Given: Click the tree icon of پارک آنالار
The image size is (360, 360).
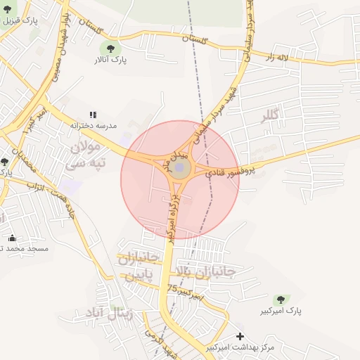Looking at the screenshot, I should (x=109, y=48).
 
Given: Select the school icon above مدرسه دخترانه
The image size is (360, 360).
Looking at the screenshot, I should (x=92, y=114).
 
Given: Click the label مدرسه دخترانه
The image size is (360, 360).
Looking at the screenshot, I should (x=92, y=125).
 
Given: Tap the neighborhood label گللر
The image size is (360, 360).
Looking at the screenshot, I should (x=269, y=115).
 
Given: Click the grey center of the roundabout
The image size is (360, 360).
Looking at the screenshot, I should (x=180, y=167).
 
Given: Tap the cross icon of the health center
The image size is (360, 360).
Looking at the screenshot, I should (x=241, y=337).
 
